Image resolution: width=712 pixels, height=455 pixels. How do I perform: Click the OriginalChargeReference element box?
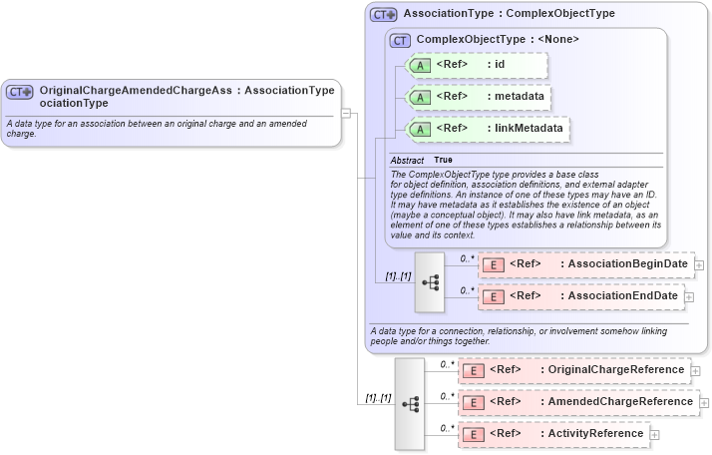[x=572, y=370]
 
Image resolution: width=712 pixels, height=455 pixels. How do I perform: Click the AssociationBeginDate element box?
[x=585, y=264]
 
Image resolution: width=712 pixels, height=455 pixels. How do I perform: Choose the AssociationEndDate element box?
[x=580, y=296]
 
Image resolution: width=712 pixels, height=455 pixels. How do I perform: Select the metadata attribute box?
[x=480, y=98]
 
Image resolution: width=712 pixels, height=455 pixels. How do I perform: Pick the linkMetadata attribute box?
[x=488, y=129]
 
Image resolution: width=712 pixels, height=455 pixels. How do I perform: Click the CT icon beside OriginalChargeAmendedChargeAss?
[x=21, y=92]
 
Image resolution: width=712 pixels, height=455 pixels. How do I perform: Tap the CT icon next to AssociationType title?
[x=384, y=15]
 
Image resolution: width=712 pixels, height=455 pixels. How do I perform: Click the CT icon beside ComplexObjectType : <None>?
[x=400, y=40]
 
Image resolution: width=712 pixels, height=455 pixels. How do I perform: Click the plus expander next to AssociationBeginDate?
[x=700, y=265]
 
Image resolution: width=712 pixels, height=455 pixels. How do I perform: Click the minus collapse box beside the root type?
[x=346, y=113]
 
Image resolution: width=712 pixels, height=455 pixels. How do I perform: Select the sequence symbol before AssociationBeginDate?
[x=430, y=281]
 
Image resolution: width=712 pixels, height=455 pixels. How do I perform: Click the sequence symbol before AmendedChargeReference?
[x=410, y=403]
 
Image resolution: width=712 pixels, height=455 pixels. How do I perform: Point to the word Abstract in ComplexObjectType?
[x=407, y=161]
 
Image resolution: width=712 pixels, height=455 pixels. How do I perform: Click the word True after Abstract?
[x=443, y=161]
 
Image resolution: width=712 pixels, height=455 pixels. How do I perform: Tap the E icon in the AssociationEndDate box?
[x=492, y=296]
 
